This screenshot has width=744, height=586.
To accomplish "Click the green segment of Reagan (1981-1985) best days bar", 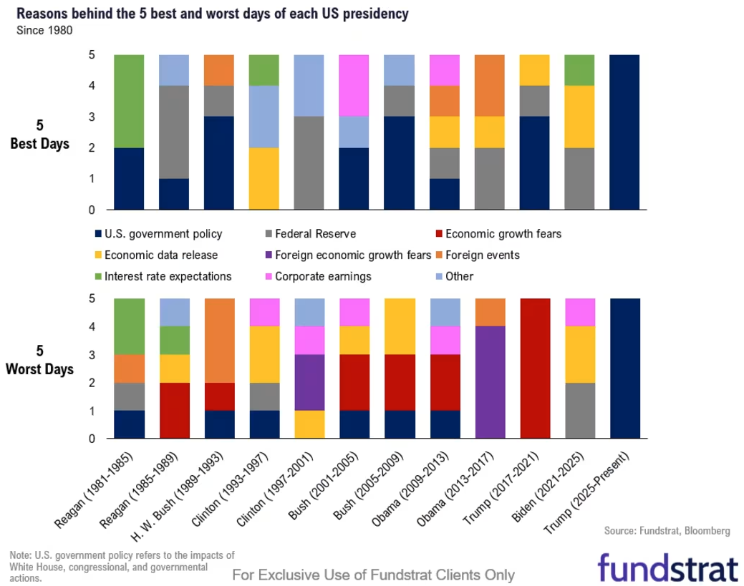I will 129,101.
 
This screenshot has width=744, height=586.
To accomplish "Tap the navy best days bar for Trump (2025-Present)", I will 624,132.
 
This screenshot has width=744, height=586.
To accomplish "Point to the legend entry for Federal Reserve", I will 315,233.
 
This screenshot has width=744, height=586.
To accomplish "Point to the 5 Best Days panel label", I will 39,135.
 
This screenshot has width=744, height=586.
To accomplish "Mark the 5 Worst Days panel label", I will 41,361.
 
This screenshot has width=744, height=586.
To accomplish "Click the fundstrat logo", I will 667,567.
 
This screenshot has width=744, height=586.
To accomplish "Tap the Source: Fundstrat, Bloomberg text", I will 667,531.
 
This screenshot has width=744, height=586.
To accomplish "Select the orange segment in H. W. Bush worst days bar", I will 219,340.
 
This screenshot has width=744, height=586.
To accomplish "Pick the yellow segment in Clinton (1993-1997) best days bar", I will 264,179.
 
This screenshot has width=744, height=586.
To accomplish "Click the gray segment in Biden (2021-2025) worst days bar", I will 579,411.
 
